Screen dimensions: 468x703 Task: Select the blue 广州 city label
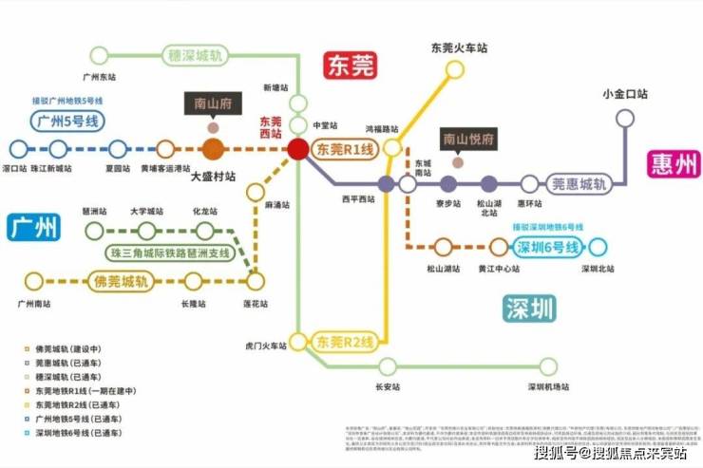tap(34, 228)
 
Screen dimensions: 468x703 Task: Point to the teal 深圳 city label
tap(529, 307)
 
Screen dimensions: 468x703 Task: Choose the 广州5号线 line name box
tap(67, 121)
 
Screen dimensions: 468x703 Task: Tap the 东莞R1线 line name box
tap(346, 149)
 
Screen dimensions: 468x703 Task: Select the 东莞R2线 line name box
tap(346, 341)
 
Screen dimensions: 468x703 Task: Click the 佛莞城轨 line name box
tap(122, 281)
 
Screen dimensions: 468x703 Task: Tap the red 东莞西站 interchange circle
tap(298, 149)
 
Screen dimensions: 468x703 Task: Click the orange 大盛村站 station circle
tap(213, 149)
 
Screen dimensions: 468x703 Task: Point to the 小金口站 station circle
tap(624, 118)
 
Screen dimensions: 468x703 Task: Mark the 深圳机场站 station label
tap(549, 387)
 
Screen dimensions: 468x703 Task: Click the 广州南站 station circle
tap(34, 281)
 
